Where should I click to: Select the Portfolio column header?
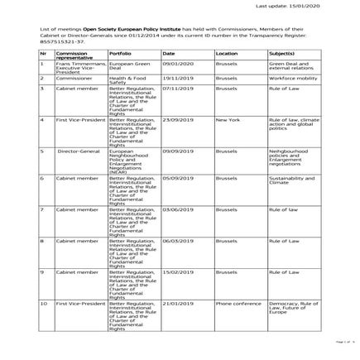click(x=120, y=54)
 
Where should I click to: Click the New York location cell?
click(x=228, y=119)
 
